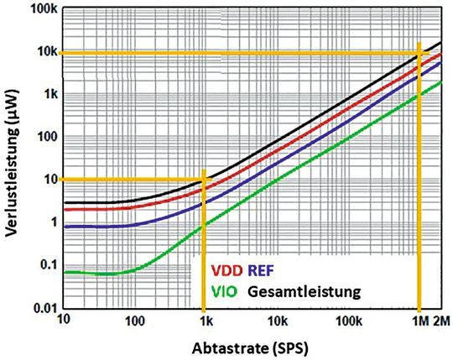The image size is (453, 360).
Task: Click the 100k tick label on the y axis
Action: pos(42,9)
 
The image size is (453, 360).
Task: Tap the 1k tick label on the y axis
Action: pos(49,95)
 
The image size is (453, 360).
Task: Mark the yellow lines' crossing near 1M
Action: pos(419,54)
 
